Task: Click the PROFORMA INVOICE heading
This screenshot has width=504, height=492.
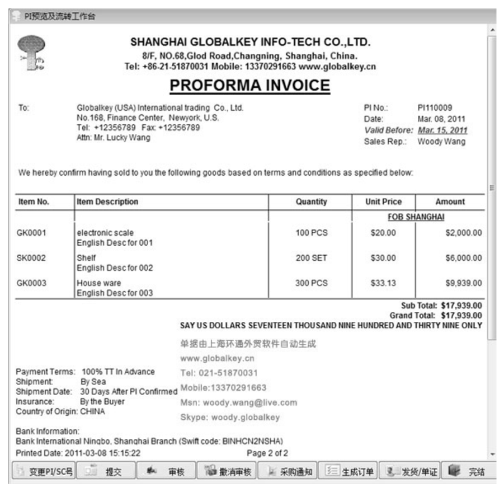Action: coord(249,86)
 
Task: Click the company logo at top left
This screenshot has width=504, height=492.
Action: coord(32,53)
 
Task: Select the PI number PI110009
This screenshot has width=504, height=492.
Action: coord(435,108)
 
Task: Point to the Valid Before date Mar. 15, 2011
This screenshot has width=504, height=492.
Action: coord(442,130)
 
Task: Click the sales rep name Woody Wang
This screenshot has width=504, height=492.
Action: coord(441,142)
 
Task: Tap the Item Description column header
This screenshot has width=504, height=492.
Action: coord(107,202)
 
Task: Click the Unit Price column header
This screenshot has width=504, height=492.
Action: coord(383,202)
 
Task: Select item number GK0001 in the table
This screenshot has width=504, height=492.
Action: coord(31,233)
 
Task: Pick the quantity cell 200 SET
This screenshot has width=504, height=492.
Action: coord(311,258)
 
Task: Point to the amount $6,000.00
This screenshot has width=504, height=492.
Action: coord(463,258)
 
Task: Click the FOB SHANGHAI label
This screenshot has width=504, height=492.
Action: coord(416,217)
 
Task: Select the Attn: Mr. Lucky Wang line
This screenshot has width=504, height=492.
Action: coord(113,138)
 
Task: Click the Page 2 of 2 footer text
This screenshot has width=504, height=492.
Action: coord(267,453)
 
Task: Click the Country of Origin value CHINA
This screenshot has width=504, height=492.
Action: coord(92,411)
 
